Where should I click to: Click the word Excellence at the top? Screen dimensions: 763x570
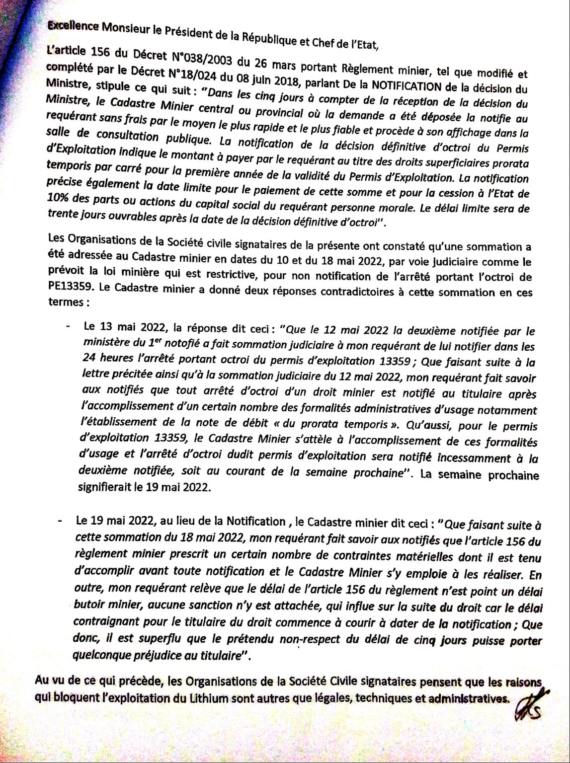[73, 26]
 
